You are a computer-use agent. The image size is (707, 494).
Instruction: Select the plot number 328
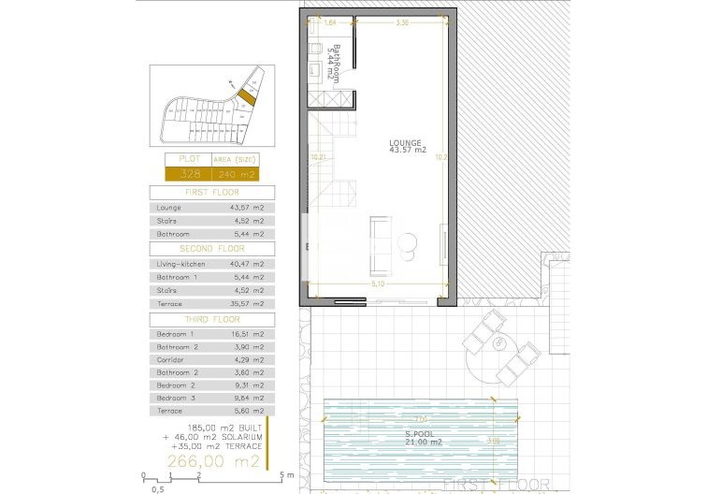[x=190, y=174]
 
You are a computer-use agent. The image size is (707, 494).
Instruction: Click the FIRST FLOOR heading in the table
[x=212, y=192]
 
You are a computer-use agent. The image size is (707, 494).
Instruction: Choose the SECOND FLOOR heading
[x=212, y=249]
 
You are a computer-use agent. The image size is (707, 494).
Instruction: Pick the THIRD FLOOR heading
[x=212, y=319]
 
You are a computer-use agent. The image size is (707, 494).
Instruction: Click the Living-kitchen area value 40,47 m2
[x=247, y=264]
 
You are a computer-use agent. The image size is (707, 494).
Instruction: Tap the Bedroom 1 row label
[x=176, y=334]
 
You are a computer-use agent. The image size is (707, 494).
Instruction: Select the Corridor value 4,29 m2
[x=247, y=359]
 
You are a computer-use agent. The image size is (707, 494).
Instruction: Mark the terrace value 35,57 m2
[x=247, y=303]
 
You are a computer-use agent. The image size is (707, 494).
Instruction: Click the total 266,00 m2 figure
[x=213, y=461]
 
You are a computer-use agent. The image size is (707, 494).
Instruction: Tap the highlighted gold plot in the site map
[x=247, y=95]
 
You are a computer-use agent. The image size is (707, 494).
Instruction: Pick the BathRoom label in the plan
[x=335, y=64]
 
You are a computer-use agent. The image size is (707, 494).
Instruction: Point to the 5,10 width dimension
[x=377, y=283]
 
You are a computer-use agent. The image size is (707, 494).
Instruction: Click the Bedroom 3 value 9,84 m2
[x=247, y=398]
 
